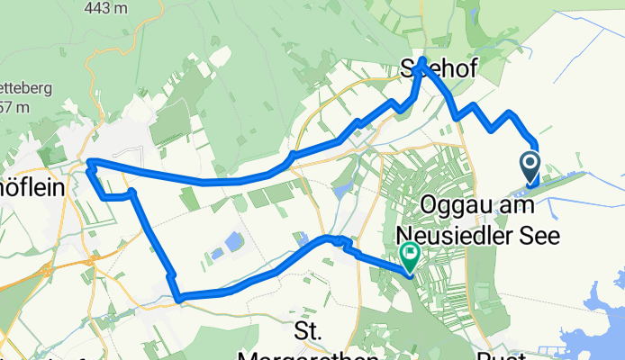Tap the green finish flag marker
point(410,256)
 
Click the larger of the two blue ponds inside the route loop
point(232,241)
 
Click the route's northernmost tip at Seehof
point(421,60)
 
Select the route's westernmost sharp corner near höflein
point(88,163)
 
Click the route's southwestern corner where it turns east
point(179,297)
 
